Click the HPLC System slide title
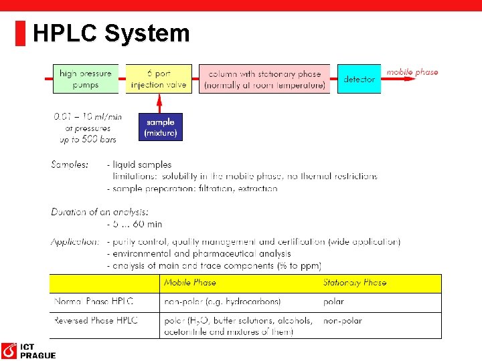[111, 33]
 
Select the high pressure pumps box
[86, 79]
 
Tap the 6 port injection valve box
[159, 79]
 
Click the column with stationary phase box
[264, 79]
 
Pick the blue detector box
[359, 79]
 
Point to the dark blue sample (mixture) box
[161, 127]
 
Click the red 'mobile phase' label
[412, 72]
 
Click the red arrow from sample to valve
[159, 103]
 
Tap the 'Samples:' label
[70, 164]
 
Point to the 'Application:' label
[75, 241]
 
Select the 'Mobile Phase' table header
[190, 283]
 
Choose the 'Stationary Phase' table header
[355, 283]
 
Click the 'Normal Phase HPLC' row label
[94, 302]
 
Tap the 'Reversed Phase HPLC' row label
[96, 320]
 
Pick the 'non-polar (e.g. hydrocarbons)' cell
[222, 302]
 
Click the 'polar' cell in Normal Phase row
[333, 302]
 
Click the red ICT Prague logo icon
[9, 350]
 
